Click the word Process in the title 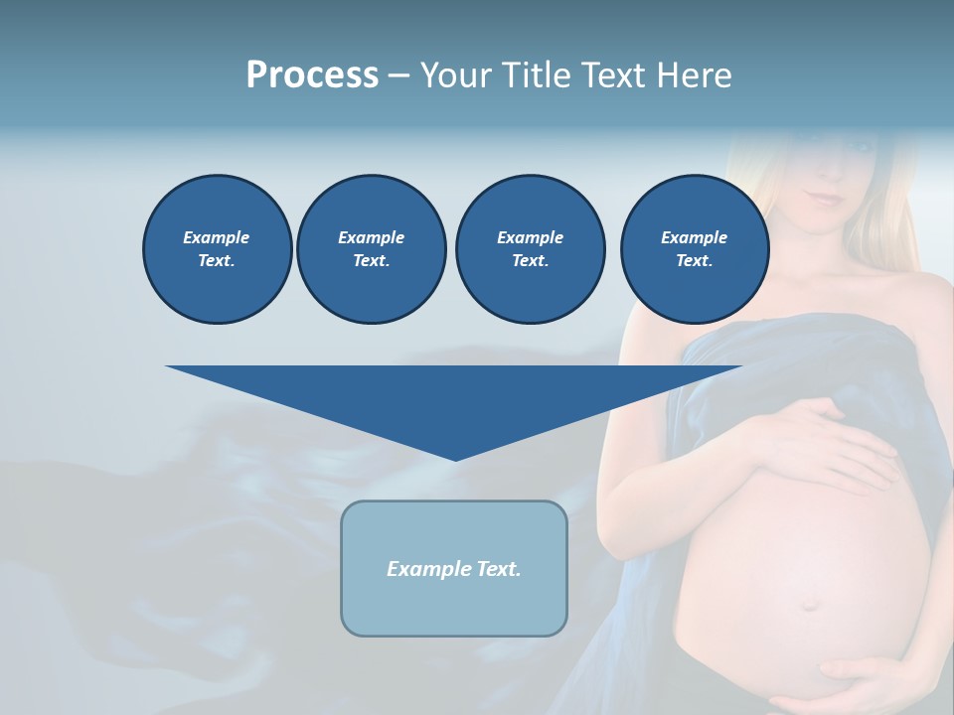click(312, 75)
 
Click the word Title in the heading click(534, 75)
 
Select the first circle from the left click(217, 248)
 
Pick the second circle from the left click(372, 248)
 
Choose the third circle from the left click(530, 248)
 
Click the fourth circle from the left click(694, 248)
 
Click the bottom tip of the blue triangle click(455, 459)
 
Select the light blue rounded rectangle click(454, 606)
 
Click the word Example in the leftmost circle click(217, 237)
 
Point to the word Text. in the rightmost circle click(694, 260)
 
